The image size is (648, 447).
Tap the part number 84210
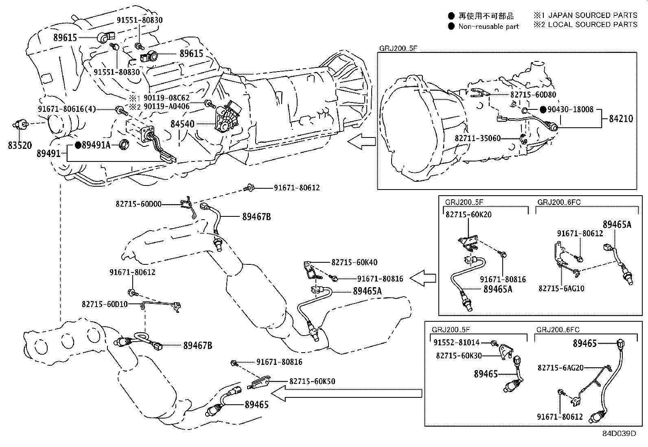(x=621, y=119)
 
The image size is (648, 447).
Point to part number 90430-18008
(x=570, y=109)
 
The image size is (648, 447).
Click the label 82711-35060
(x=477, y=139)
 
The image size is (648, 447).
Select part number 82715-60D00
(x=138, y=204)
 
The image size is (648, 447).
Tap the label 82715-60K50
(x=312, y=382)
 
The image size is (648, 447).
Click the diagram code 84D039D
(x=619, y=434)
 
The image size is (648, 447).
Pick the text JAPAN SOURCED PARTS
(x=593, y=15)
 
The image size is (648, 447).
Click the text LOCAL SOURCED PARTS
(x=593, y=24)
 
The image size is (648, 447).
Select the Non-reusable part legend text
(x=488, y=27)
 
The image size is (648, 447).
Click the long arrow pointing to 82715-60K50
(x=346, y=393)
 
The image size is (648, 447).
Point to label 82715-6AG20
(x=560, y=368)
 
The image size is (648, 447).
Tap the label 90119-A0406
(x=167, y=107)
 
